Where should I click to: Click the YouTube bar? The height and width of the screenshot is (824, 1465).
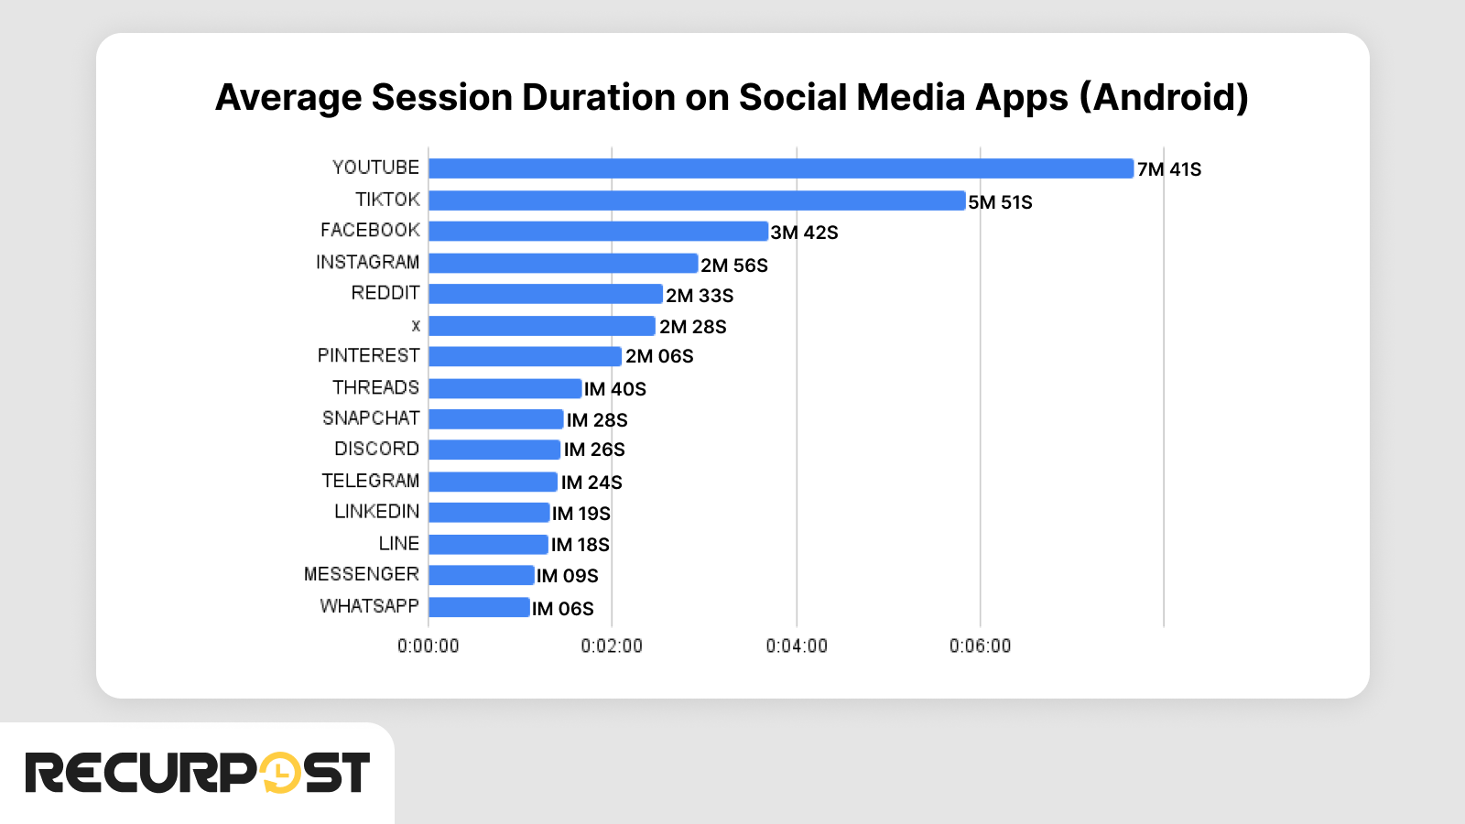tap(780, 168)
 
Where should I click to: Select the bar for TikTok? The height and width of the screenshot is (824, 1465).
tap(697, 201)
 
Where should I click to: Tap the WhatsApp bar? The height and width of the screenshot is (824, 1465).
tap(479, 607)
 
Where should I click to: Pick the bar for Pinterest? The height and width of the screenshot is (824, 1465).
tap(525, 356)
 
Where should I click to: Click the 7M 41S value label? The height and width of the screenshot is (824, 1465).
tap(1169, 169)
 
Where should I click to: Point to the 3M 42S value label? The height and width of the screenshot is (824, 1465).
tap(804, 233)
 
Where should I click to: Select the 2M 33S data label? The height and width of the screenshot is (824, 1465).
tap(700, 296)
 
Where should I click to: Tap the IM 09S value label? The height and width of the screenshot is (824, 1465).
tap(568, 576)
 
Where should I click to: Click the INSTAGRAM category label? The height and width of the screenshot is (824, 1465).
tap(367, 263)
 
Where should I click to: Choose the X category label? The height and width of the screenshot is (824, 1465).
tap(416, 326)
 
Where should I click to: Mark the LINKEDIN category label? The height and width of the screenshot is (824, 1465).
tap(376, 512)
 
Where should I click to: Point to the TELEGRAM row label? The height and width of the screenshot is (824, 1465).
tap(370, 481)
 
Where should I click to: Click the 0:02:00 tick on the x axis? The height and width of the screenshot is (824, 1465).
tap(612, 646)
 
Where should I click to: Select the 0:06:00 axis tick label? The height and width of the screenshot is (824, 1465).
tap(980, 646)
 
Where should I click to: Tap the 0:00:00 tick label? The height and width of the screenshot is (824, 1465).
tap(429, 646)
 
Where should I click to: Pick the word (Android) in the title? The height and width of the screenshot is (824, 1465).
tap(1164, 98)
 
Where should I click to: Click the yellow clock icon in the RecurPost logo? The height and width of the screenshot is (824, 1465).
tap(280, 773)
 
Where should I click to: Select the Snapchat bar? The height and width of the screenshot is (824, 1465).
tap(495, 419)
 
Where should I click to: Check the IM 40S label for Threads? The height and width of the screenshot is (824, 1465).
tap(615, 389)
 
